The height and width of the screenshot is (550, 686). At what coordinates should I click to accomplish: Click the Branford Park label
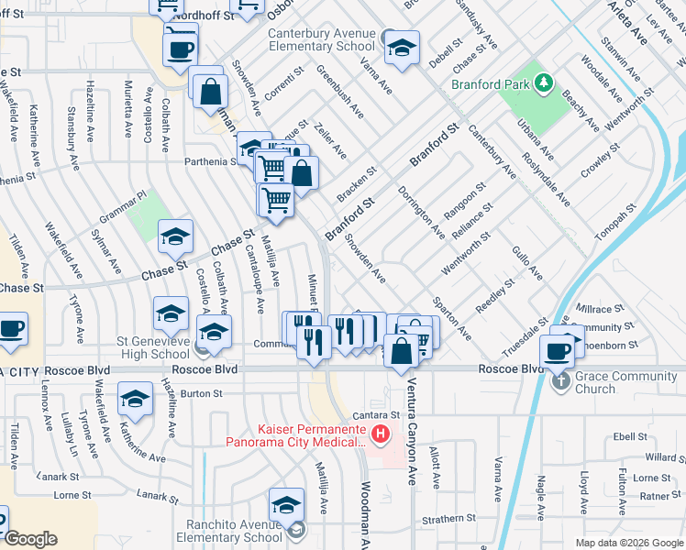(x=493, y=84)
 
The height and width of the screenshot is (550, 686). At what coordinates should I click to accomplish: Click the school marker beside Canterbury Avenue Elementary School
(x=401, y=49)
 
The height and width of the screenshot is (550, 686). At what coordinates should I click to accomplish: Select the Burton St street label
(x=202, y=393)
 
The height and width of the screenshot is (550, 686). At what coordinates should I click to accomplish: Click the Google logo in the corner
(x=30, y=539)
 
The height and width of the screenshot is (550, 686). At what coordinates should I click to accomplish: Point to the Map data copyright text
(x=627, y=543)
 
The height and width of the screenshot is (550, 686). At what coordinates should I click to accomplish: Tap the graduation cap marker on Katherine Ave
(x=135, y=400)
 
